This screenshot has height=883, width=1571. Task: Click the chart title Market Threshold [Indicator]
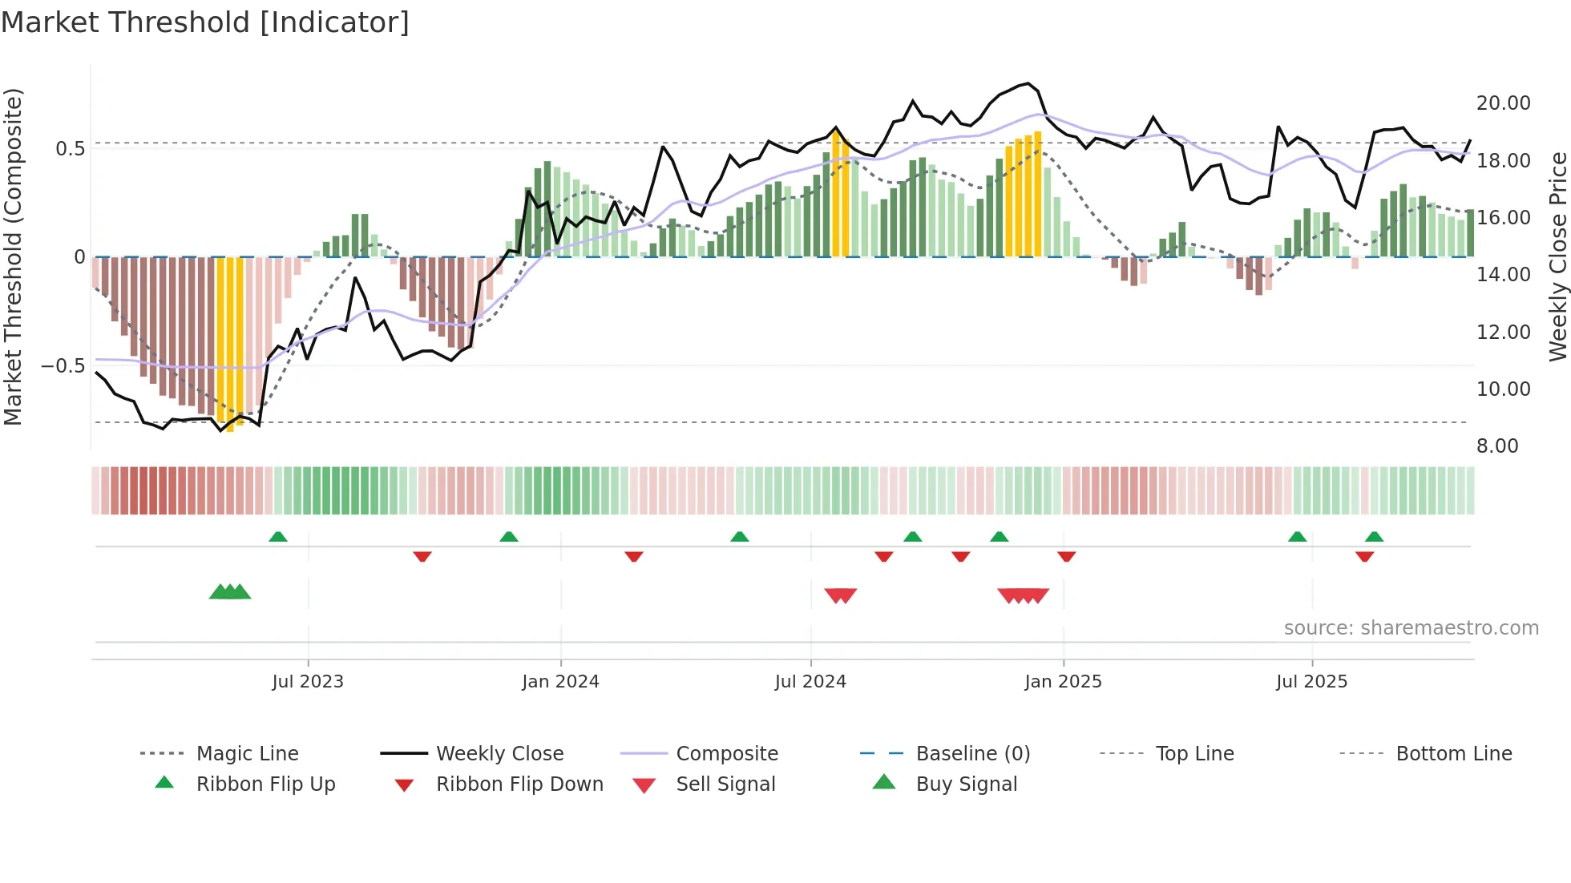point(205,22)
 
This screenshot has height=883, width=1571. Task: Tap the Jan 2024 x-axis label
point(560,682)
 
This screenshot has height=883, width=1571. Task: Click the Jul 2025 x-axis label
point(1311,682)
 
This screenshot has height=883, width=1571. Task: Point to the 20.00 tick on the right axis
point(1503,103)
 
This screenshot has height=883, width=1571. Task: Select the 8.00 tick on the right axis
point(1496,446)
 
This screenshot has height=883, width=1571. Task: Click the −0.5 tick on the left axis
point(63,366)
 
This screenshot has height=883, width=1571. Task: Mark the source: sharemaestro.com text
point(1411,628)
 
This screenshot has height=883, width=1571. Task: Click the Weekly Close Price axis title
point(1557,256)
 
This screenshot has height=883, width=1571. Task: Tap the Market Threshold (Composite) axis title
point(14,256)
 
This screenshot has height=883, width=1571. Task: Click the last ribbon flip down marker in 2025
point(1365,557)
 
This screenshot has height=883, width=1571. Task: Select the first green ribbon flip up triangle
point(278,536)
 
